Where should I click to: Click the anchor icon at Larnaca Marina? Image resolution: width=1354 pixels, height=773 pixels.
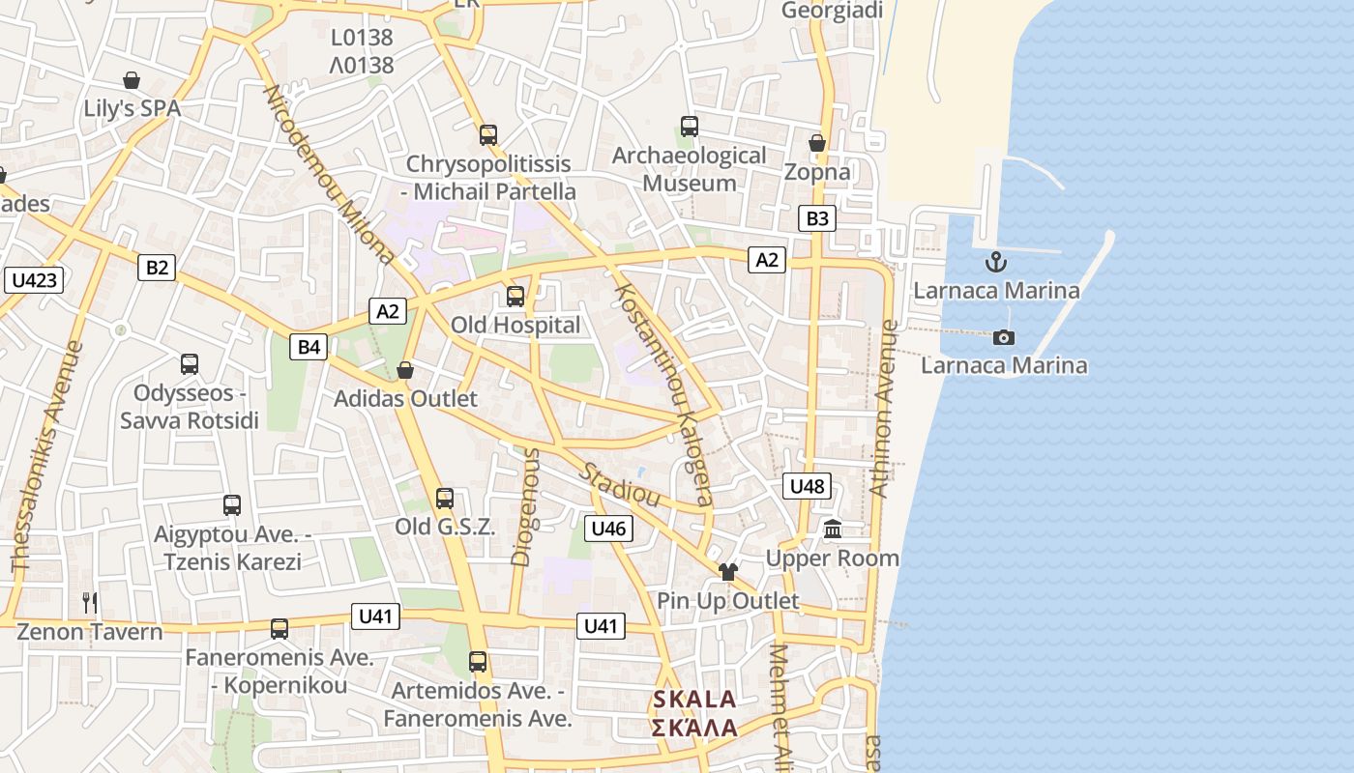coord(995,262)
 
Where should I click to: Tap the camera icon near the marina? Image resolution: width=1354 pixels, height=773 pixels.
coord(1004,337)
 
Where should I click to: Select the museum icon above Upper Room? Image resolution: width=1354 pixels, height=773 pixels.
coord(833,529)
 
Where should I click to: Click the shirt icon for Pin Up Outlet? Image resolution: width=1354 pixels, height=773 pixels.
coord(728,572)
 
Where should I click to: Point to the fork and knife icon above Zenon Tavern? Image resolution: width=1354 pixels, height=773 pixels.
coord(90,603)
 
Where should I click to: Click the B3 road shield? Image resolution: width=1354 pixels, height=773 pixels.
coord(817,218)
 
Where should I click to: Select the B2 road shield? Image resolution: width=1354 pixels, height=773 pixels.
coord(156,268)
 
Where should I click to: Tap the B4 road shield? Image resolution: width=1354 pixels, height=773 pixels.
coord(309,347)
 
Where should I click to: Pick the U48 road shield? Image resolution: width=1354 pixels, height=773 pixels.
coord(807,486)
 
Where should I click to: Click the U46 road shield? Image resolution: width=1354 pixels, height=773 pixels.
coord(608,528)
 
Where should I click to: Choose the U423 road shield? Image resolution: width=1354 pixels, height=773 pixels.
coord(35,280)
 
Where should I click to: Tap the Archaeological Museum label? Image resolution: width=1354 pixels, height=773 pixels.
coord(690,169)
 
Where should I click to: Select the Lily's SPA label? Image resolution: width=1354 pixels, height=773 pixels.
coord(132,108)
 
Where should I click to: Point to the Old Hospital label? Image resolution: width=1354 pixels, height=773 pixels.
coord(515,326)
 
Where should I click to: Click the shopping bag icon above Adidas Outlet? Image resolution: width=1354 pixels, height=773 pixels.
coord(405,370)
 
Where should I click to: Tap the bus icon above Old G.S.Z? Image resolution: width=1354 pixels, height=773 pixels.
coord(444,499)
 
